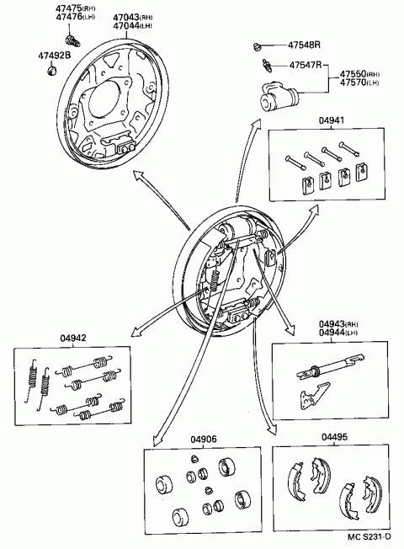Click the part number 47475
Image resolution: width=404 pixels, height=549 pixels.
[x=69, y=8]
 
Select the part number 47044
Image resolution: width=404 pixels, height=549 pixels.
[x=125, y=25]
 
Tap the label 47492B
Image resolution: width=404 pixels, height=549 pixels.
[x=54, y=56]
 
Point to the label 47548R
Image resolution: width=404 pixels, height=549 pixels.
[x=304, y=45]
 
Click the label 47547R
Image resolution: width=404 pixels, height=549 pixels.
[x=305, y=65]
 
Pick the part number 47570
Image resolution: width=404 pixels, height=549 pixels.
[x=353, y=83]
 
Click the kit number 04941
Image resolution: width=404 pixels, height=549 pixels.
[x=331, y=120]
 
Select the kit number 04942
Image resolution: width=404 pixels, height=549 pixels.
[x=73, y=338]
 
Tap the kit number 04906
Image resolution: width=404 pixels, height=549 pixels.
[x=204, y=439]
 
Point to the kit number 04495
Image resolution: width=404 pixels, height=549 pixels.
[x=334, y=437]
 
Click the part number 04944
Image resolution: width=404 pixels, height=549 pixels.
[x=332, y=333]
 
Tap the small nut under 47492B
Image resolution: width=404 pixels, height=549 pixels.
[x=52, y=70]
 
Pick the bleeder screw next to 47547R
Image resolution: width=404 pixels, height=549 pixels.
[x=267, y=66]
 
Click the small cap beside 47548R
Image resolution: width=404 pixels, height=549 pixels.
[x=258, y=45]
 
